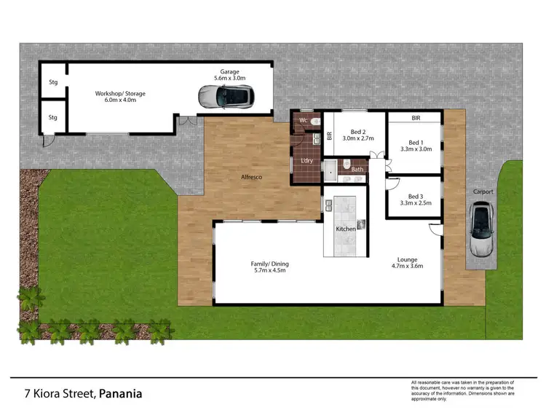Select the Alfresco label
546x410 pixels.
click(252, 177)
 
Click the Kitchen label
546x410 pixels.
click(346, 229)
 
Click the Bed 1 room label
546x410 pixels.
click(415, 142)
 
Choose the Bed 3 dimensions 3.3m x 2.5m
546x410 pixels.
click(415, 203)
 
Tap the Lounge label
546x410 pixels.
click(407, 259)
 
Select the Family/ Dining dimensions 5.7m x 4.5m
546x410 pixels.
click(260, 271)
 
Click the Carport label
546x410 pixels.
click(483, 192)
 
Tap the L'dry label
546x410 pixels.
click(306, 161)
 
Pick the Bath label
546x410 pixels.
click(357, 170)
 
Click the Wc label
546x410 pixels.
click(302, 120)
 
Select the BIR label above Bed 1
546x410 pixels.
click(416, 117)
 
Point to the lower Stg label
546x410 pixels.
click(52, 117)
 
